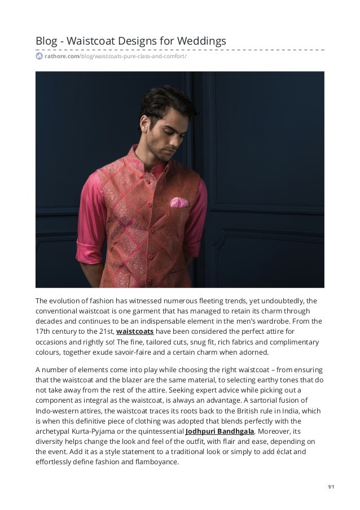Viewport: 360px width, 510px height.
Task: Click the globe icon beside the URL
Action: [39, 56]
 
